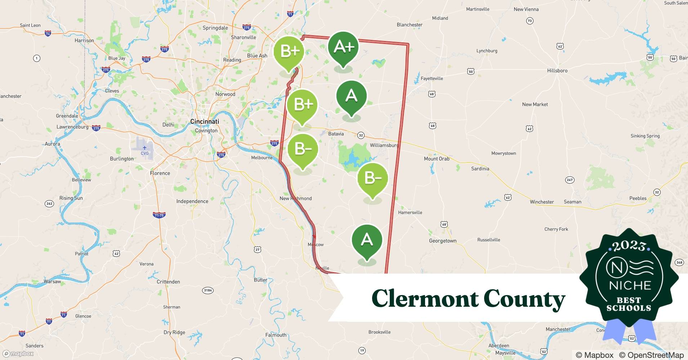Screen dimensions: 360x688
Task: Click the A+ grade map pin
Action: coord(343,47)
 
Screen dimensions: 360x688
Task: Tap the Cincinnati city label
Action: coord(204,121)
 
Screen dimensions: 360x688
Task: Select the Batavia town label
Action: coord(336,134)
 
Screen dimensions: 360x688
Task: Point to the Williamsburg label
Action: coord(384,145)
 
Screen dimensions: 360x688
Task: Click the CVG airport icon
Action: coord(144,148)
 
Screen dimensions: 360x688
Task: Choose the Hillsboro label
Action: coord(557,71)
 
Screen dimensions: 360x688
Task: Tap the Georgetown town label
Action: coord(442,241)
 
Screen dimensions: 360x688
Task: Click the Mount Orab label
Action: coord(437,158)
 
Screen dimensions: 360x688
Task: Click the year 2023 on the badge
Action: coord(629,246)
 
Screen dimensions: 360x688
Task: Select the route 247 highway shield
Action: coord(569,180)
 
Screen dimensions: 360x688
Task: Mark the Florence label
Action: coord(160,173)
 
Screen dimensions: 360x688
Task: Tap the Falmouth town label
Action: coord(276,335)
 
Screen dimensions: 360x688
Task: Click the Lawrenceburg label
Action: coord(72,127)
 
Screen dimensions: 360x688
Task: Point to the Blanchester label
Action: coord(410,25)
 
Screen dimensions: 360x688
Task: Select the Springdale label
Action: coord(215,28)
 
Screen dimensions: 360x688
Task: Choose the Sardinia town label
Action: coord(480,168)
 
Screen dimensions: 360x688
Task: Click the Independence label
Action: coord(192,201)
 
